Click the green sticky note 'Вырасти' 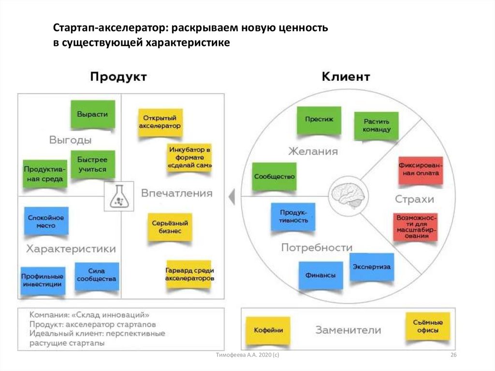(x=92, y=114)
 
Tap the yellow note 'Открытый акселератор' (x=160, y=121)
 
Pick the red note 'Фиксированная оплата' (x=420, y=170)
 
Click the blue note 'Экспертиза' (x=371, y=267)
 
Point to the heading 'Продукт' (x=118, y=77)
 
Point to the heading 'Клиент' (x=346, y=76)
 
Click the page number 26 (x=453, y=356)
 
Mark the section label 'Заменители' (x=348, y=330)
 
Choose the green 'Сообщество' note (x=274, y=177)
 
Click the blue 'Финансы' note (x=320, y=275)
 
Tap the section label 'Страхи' (x=414, y=199)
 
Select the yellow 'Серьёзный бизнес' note (x=169, y=227)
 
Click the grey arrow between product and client (x=232, y=197)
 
